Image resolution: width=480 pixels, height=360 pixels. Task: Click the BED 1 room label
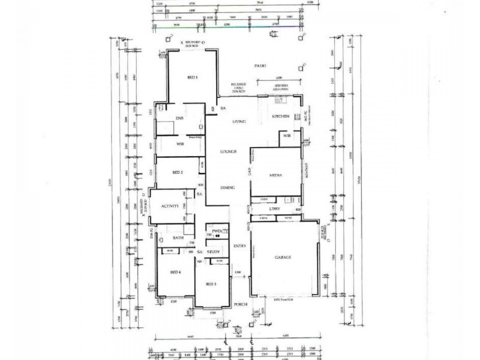point(193,77)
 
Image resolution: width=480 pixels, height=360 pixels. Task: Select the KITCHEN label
point(281,116)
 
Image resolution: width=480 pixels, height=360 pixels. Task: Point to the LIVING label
point(240,122)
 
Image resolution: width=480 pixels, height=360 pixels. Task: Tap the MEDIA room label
point(276,175)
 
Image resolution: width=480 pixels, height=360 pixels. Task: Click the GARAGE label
point(283,257)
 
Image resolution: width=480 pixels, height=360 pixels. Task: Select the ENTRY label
point(240,245)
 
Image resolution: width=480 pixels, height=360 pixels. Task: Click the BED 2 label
point(177,172)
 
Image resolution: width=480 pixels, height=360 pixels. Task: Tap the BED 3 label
point(210,283)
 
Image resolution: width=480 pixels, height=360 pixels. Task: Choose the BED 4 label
point(176,272)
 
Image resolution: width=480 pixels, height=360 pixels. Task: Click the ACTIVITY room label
point(170,206)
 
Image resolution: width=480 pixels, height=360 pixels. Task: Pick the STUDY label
point(213,252)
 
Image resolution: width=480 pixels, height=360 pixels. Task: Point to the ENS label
point(179,118)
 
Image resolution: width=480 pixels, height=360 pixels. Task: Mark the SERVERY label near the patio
point(281,85)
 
